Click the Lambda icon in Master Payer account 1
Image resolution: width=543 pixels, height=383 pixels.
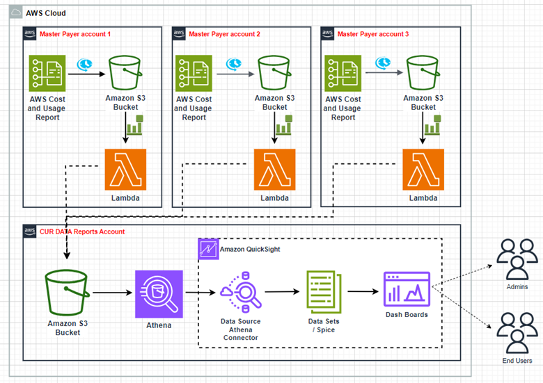(125, 170)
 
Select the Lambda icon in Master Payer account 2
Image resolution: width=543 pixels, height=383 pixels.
(274, 170)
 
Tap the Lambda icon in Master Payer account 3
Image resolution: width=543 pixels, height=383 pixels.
(423, 170)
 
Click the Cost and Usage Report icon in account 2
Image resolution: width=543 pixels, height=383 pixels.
(194, 73)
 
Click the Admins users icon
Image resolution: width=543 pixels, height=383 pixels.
(517, 261)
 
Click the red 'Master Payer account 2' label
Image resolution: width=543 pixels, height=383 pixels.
(224, 33)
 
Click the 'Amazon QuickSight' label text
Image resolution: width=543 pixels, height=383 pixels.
(250, 248)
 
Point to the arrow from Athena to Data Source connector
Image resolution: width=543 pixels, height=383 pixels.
(198, 293)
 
